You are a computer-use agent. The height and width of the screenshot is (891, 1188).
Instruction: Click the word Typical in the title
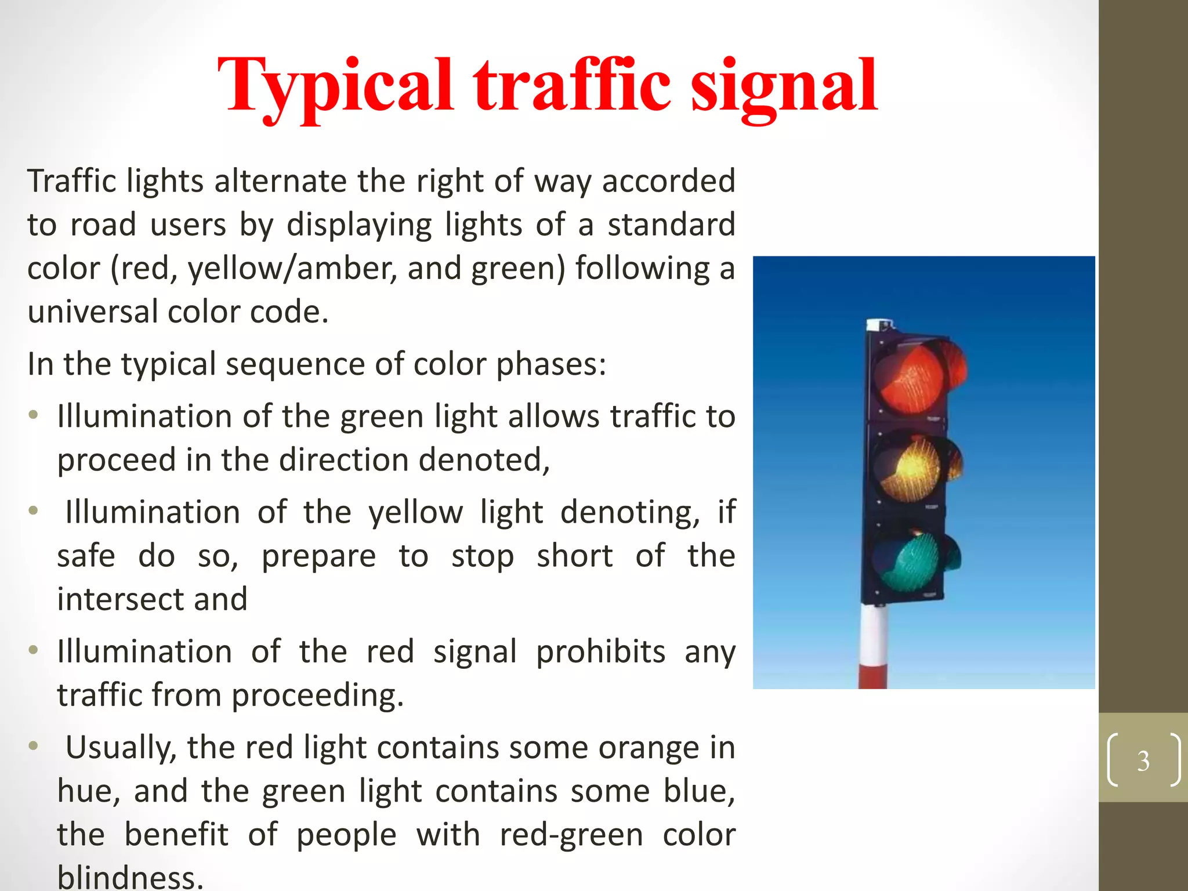tap(335, 86)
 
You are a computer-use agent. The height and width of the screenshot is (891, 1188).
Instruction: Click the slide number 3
tap(1143, 760)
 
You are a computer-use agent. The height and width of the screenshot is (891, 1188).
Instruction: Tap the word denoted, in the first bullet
tap(484, 460)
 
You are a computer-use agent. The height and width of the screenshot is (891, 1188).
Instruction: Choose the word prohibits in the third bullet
tap(600, 651)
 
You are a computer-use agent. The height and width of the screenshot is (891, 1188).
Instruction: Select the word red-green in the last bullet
tap(571, 835)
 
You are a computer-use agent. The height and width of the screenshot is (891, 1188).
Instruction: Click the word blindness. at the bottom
tap(131, 877)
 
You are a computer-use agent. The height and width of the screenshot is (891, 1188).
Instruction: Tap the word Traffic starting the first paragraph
tap(72, 181)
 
